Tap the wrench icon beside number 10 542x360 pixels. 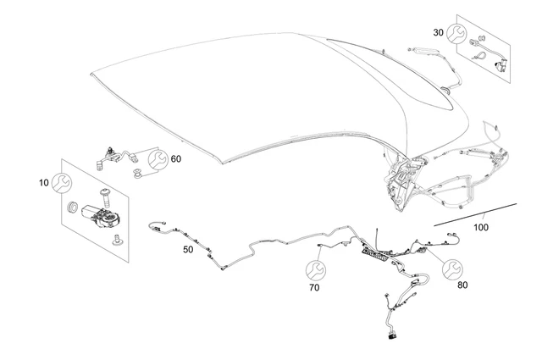pos(62,181)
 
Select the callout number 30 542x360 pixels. pos(438,32)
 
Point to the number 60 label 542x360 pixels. pos(175,158)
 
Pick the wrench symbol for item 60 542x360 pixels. pos(157,158)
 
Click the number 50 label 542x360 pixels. pos(188,250)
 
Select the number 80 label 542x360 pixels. pos(462,285)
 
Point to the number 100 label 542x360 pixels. pos(481,228)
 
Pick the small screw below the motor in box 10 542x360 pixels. pos(115,241)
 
